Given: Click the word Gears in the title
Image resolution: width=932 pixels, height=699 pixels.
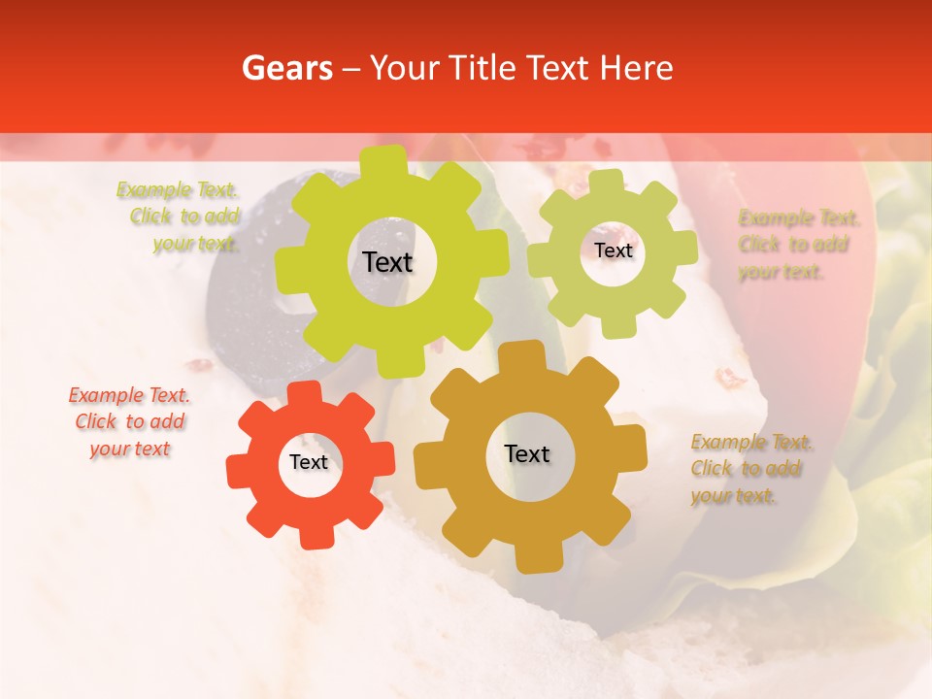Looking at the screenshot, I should pos(286,68).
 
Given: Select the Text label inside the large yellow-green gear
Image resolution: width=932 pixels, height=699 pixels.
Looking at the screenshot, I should pos(387,262).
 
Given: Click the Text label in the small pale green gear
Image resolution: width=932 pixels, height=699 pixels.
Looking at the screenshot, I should pos(613,250).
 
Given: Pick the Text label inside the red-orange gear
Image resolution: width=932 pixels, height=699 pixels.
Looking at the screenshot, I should pos(309,462).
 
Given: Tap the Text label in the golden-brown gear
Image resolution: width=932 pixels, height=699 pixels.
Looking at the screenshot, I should pos(527,453).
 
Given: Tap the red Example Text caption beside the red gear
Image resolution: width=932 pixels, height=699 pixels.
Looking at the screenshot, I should pos(129,395).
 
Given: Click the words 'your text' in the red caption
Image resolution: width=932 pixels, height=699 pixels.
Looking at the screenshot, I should pos(130,449).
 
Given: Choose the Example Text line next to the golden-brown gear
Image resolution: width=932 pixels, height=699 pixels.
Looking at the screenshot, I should pos(752,443).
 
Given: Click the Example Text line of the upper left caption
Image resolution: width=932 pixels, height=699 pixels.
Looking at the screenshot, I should pos(178,189).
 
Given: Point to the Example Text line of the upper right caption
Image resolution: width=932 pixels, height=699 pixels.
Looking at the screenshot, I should pos(799,217).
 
